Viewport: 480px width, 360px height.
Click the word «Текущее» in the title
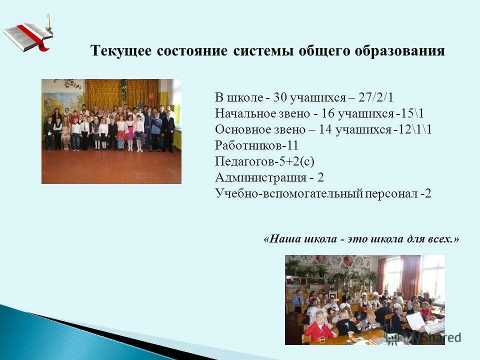pyautogui.click(x=121, y=51)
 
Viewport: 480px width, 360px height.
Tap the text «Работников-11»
pyautogui.click(x=250, y=145)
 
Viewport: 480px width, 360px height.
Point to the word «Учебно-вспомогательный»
pyautogui.click(x=288, y=193)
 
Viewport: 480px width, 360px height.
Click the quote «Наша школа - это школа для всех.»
pyautogui.click(x=360, y=239)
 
